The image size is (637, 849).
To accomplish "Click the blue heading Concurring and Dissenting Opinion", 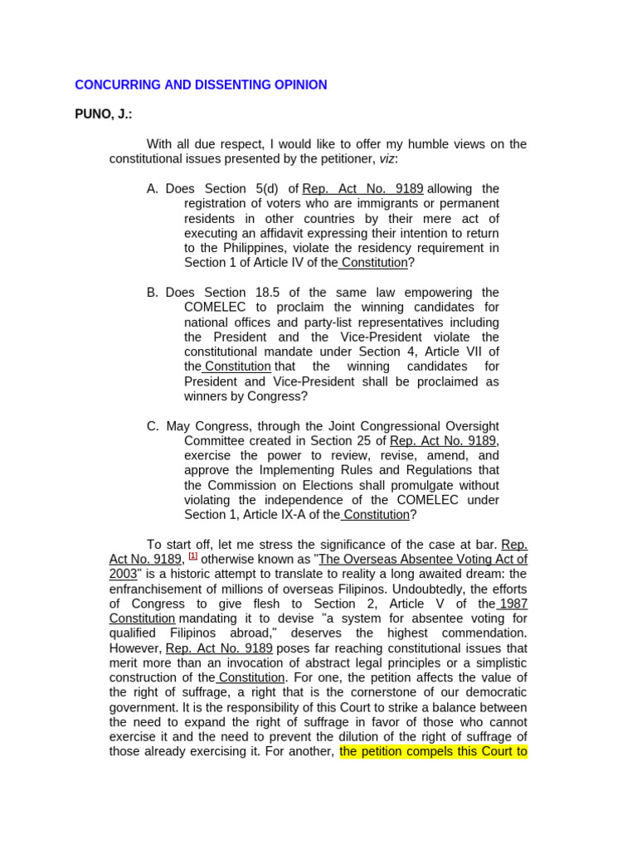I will coord(201,85).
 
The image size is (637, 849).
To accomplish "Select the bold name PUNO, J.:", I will coord(103,114).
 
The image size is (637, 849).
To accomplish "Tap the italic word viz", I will coord(387,158).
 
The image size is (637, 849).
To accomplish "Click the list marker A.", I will coord(152,188).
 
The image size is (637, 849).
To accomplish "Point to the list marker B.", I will coord(152,292).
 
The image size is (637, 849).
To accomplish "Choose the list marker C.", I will coord(153,425).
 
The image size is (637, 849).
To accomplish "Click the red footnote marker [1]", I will coord(192,556).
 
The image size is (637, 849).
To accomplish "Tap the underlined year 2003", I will coord(123,574).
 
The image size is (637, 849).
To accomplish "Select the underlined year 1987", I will coord(514,604).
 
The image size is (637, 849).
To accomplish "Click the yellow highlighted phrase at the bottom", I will coord(433,752).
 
